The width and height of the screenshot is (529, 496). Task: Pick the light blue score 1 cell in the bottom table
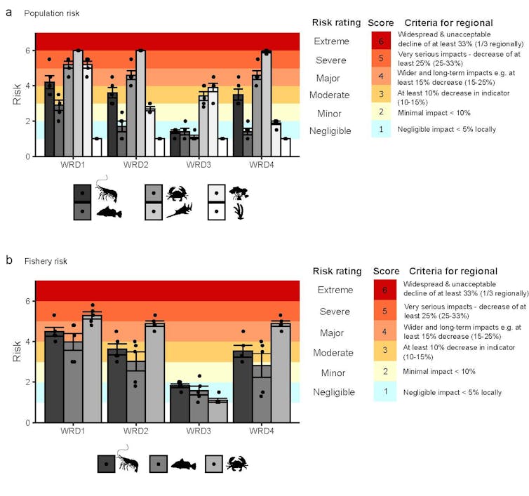point(384,392)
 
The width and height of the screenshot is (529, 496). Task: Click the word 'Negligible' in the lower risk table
point(333,392)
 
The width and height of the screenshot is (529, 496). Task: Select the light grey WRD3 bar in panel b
point(217,411)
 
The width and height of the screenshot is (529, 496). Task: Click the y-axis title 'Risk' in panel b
point(17,351)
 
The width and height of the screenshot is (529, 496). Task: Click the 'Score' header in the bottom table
point(386,271)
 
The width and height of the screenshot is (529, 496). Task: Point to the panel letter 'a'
point(8,12)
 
